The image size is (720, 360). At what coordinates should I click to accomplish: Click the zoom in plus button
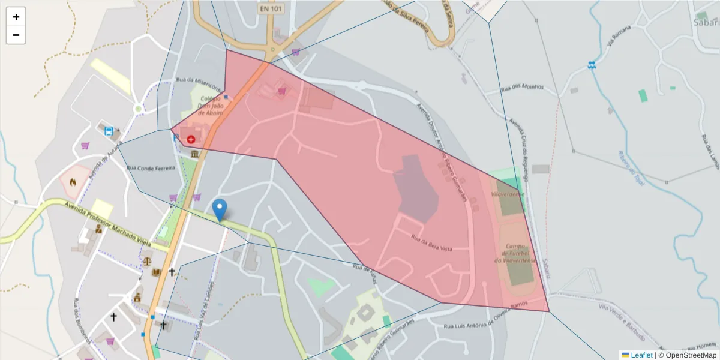(16, 17)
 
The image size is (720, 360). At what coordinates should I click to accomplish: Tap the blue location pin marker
(220, 209)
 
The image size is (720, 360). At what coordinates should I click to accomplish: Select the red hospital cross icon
(191, 139)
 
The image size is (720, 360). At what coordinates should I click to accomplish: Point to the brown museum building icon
(195, 154)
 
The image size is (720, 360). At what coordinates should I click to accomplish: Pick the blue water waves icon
(592, 65)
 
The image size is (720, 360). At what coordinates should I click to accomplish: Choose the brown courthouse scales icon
(146, 262)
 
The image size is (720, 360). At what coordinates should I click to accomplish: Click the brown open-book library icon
(157, 272)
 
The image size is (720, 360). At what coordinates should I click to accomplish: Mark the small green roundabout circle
(139, 109)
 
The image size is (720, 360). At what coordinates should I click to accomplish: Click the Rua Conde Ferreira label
(150, 168)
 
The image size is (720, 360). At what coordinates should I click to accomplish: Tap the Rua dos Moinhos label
(522, 87)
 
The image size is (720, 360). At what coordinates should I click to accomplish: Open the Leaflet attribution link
(641, 355)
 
